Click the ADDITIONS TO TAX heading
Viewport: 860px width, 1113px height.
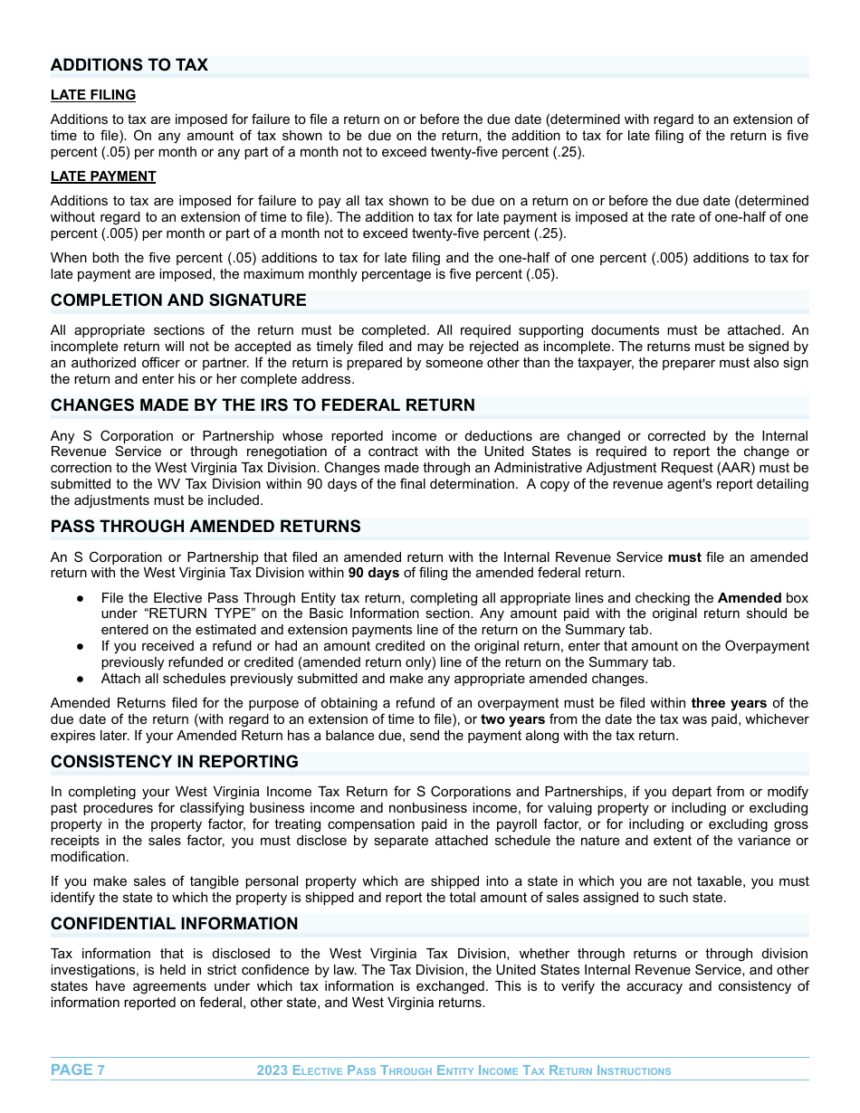129,65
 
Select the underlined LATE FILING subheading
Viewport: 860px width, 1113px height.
93,95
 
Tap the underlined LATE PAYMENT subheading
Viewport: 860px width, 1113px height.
103,176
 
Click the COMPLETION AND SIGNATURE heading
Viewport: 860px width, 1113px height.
178,300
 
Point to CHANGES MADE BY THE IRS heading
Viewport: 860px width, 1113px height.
263,405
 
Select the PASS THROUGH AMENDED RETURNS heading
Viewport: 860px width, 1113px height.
205,527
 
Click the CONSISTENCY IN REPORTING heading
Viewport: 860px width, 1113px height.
175,762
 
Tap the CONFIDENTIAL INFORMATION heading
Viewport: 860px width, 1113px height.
174,924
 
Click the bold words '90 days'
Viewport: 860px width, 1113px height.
374,574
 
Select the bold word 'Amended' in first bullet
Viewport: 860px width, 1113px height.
750,598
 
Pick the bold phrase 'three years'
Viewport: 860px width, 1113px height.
729,703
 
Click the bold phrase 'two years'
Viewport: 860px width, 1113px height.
513,719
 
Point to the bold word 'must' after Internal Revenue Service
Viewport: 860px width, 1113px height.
684,557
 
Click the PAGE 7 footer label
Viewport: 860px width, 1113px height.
78,1070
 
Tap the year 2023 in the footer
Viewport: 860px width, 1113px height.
272,1070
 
